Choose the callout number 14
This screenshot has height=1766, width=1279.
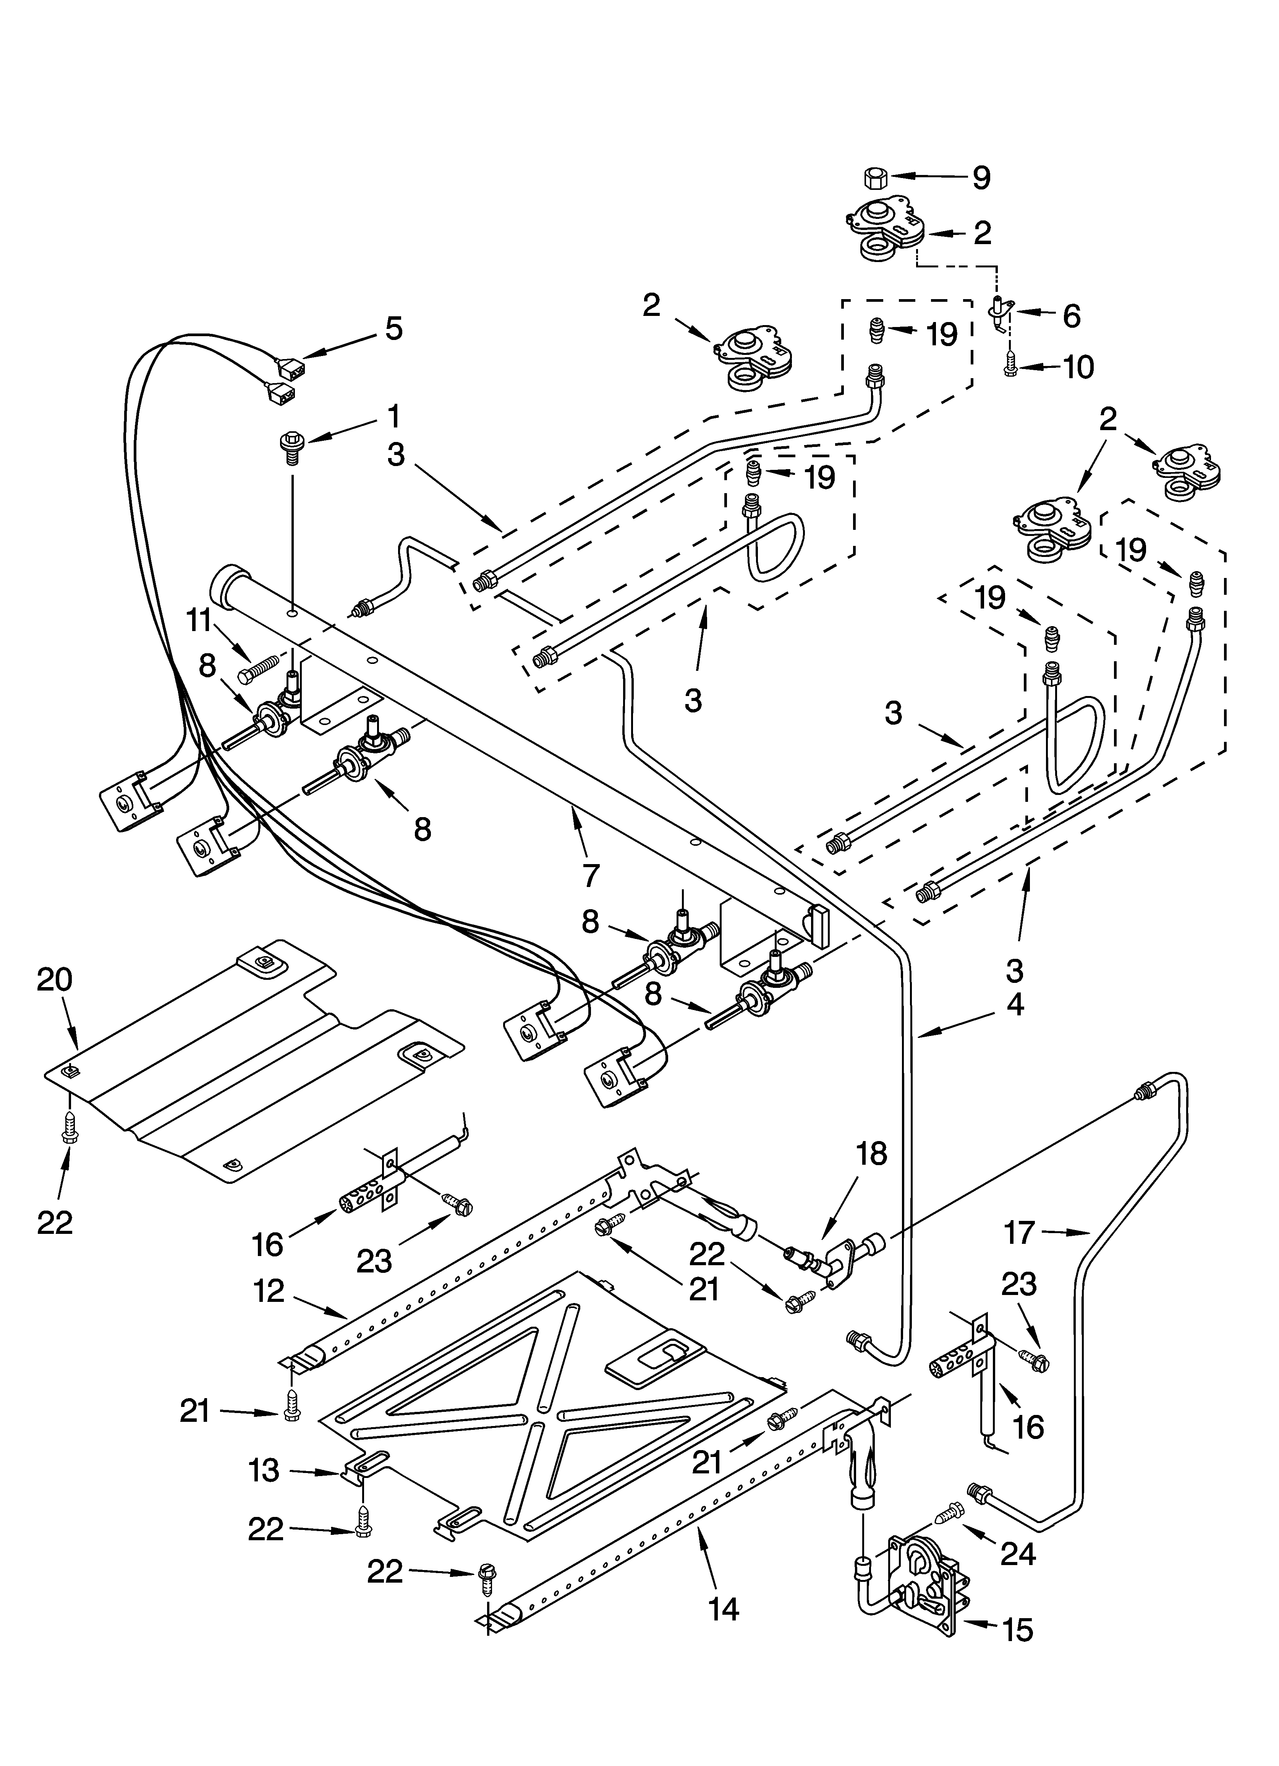point(724,1607)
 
